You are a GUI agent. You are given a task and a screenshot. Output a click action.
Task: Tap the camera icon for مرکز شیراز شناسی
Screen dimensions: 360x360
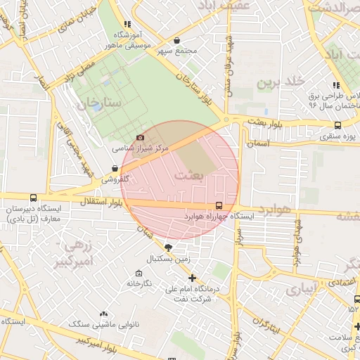(140, 137)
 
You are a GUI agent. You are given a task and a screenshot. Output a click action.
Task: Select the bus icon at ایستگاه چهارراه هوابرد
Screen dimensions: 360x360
(219, 205)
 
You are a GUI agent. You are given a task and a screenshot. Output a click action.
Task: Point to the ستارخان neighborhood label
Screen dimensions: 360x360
(99, 104)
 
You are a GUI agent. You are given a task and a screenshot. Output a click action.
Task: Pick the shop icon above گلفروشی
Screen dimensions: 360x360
(115, 168)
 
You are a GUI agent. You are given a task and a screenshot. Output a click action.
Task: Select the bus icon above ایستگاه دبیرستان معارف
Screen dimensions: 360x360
(34, 198)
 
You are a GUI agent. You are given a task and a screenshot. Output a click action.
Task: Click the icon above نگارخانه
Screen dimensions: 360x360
(139, 272)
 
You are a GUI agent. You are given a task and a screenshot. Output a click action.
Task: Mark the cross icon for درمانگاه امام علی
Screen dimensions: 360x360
(192, 278)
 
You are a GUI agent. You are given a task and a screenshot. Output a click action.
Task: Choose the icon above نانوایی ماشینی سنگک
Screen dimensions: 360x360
(104, 314)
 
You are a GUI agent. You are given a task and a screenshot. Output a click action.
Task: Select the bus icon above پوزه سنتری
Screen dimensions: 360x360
(337, 125)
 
